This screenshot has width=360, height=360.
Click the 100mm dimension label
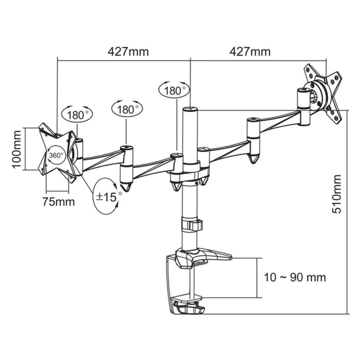(17, 149)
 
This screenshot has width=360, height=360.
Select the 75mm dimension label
(59, 202)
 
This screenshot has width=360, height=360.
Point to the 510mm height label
(337, 194)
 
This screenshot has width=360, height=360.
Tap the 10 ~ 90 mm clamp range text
(295, 277)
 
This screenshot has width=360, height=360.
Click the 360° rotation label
(56, 156)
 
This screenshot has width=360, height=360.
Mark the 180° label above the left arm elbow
(127, 109)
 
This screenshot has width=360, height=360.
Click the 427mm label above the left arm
(128, 52)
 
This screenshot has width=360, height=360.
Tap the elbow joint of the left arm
(126, 167)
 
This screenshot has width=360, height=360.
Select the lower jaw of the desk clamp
(187, 299)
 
